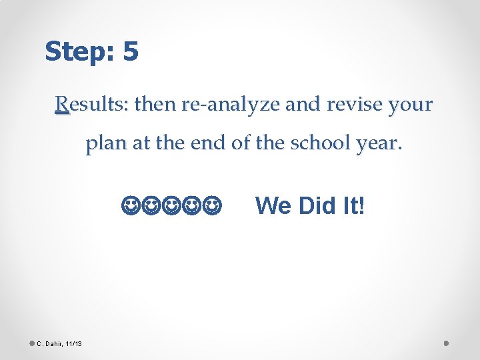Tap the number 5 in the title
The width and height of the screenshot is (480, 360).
click(131, 51)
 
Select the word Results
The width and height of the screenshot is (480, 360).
click(92, 105)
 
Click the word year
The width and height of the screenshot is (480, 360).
click(378, 146)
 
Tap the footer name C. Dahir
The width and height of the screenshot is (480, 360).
click(49, 344)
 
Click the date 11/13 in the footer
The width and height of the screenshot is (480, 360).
click(73, 344)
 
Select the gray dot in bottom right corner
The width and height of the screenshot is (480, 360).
click(447, 343)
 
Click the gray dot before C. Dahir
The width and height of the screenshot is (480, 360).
click(31, 343)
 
